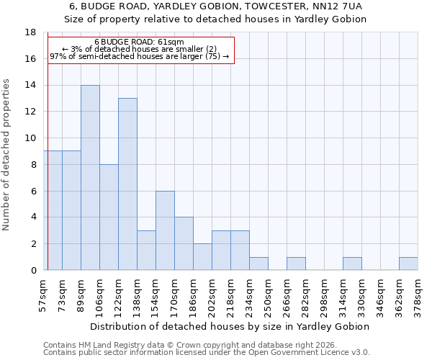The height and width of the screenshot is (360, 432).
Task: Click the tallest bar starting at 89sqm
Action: coord(90,178)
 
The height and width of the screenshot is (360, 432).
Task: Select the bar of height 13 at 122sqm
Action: coord(127,184)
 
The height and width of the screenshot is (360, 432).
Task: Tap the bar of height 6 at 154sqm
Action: coord(165,230)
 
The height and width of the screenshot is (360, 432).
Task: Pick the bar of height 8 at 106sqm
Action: coord(109,217)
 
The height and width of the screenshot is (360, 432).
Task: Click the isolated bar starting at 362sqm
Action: coord(408,264)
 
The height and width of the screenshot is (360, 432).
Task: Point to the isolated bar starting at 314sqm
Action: coord(352,264)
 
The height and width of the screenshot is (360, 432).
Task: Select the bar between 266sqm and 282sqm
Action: coord(296,264)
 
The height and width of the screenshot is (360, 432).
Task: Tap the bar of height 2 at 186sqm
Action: coord(202,257)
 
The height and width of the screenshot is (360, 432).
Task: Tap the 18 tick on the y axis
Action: coord(31,32)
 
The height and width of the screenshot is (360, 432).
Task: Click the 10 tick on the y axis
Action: coord(31,138)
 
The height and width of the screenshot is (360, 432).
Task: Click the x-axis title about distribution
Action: coord(230,326)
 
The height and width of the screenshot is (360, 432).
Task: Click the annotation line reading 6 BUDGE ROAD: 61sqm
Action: coord(139,42)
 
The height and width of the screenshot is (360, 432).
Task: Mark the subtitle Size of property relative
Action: coord(215,19)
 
